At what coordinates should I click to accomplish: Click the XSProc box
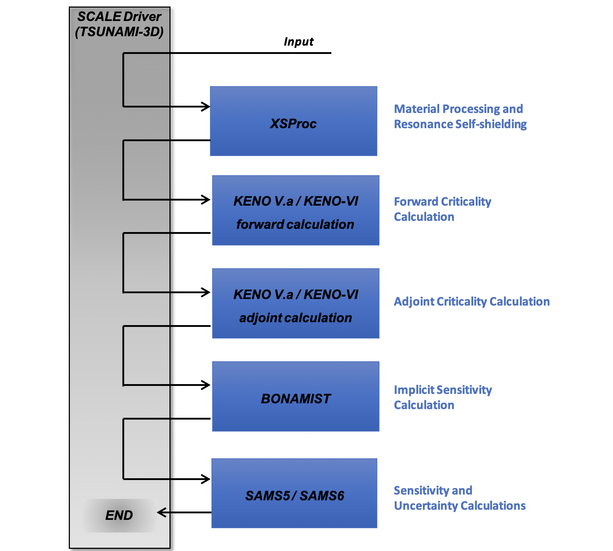293,121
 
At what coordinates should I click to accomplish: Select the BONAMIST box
295,396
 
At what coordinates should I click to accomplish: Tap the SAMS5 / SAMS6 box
294,493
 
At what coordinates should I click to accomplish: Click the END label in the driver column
119,515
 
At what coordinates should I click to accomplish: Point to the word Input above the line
298,42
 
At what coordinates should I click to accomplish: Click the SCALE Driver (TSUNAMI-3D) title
119,24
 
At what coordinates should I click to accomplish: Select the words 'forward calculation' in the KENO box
295,224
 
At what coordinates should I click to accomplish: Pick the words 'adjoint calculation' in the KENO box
295,318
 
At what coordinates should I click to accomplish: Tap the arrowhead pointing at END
161,512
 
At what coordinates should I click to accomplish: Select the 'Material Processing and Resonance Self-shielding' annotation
460,116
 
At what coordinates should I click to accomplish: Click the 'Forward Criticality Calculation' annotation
442,209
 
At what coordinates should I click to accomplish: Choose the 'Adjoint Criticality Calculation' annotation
471,302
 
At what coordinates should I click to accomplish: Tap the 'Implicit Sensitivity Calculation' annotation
442,397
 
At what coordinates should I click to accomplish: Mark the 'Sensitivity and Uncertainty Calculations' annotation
459,498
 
